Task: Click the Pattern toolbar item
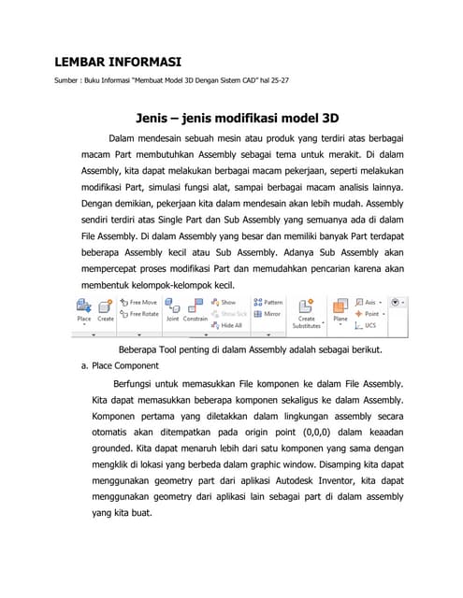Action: pos(268,303)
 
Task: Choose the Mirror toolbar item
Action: pos(268,314)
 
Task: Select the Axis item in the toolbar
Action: pos(367,303)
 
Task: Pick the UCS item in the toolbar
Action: pos(368,325)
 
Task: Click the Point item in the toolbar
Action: pos(368,314)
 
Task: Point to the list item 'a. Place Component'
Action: pos(120,365)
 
